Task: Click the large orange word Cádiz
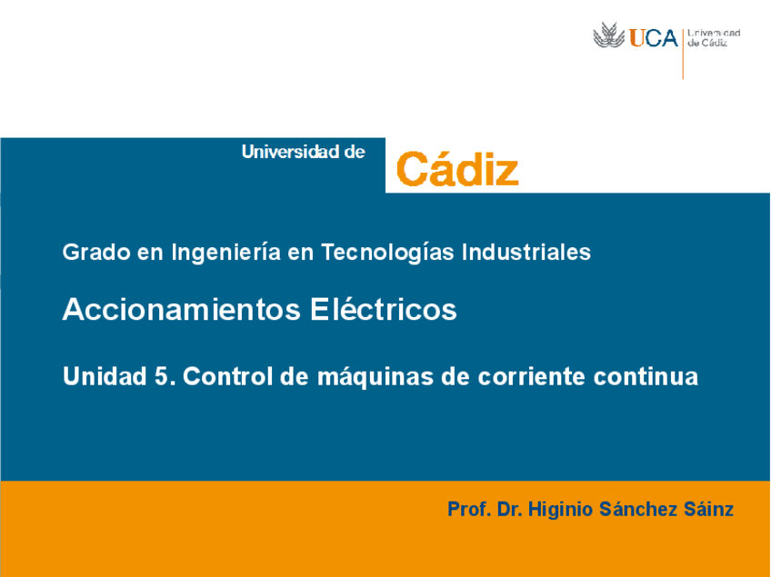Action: point(457,169)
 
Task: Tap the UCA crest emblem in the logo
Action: point(609,36)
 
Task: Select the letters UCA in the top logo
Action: point(654,37)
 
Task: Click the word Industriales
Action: point(526,252)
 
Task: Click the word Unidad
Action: point(99,376)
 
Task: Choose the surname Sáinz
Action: point(707,509)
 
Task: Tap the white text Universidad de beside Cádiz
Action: point(303,152)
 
